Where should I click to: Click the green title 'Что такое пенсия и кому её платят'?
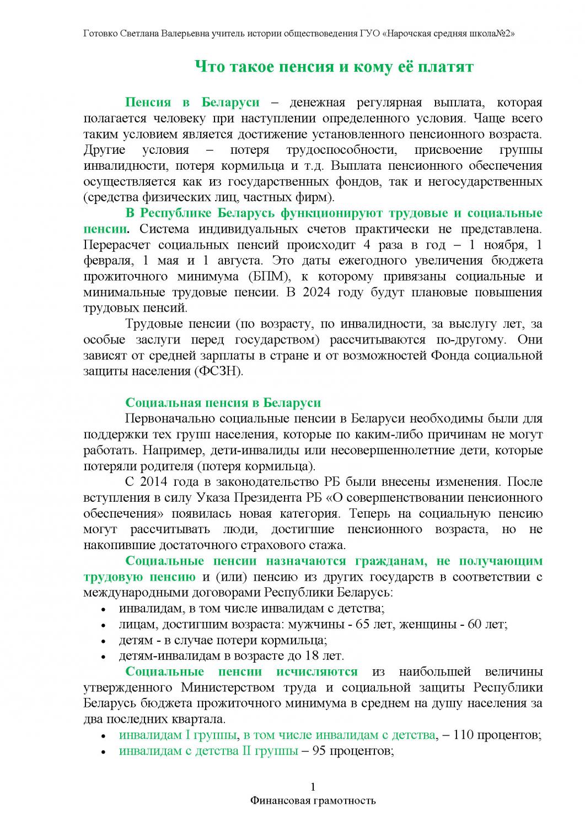tap(335, 67)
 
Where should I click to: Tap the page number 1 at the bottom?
tap(313, 786)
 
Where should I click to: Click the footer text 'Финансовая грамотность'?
tap(313, 800)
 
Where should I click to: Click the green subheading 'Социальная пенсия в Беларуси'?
tap(223, 402)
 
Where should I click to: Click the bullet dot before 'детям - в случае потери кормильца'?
tap(104, 641)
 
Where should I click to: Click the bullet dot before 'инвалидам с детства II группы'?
tap(104, 753)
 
